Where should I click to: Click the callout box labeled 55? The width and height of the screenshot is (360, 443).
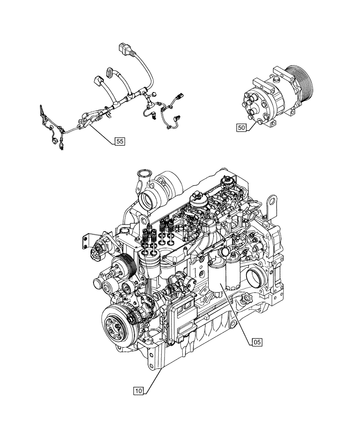(119, 141)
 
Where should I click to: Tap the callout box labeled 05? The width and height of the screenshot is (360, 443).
(257, 342)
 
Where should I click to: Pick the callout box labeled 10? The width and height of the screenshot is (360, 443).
(138, 391)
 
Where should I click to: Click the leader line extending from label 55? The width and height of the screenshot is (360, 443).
(100, 131)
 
